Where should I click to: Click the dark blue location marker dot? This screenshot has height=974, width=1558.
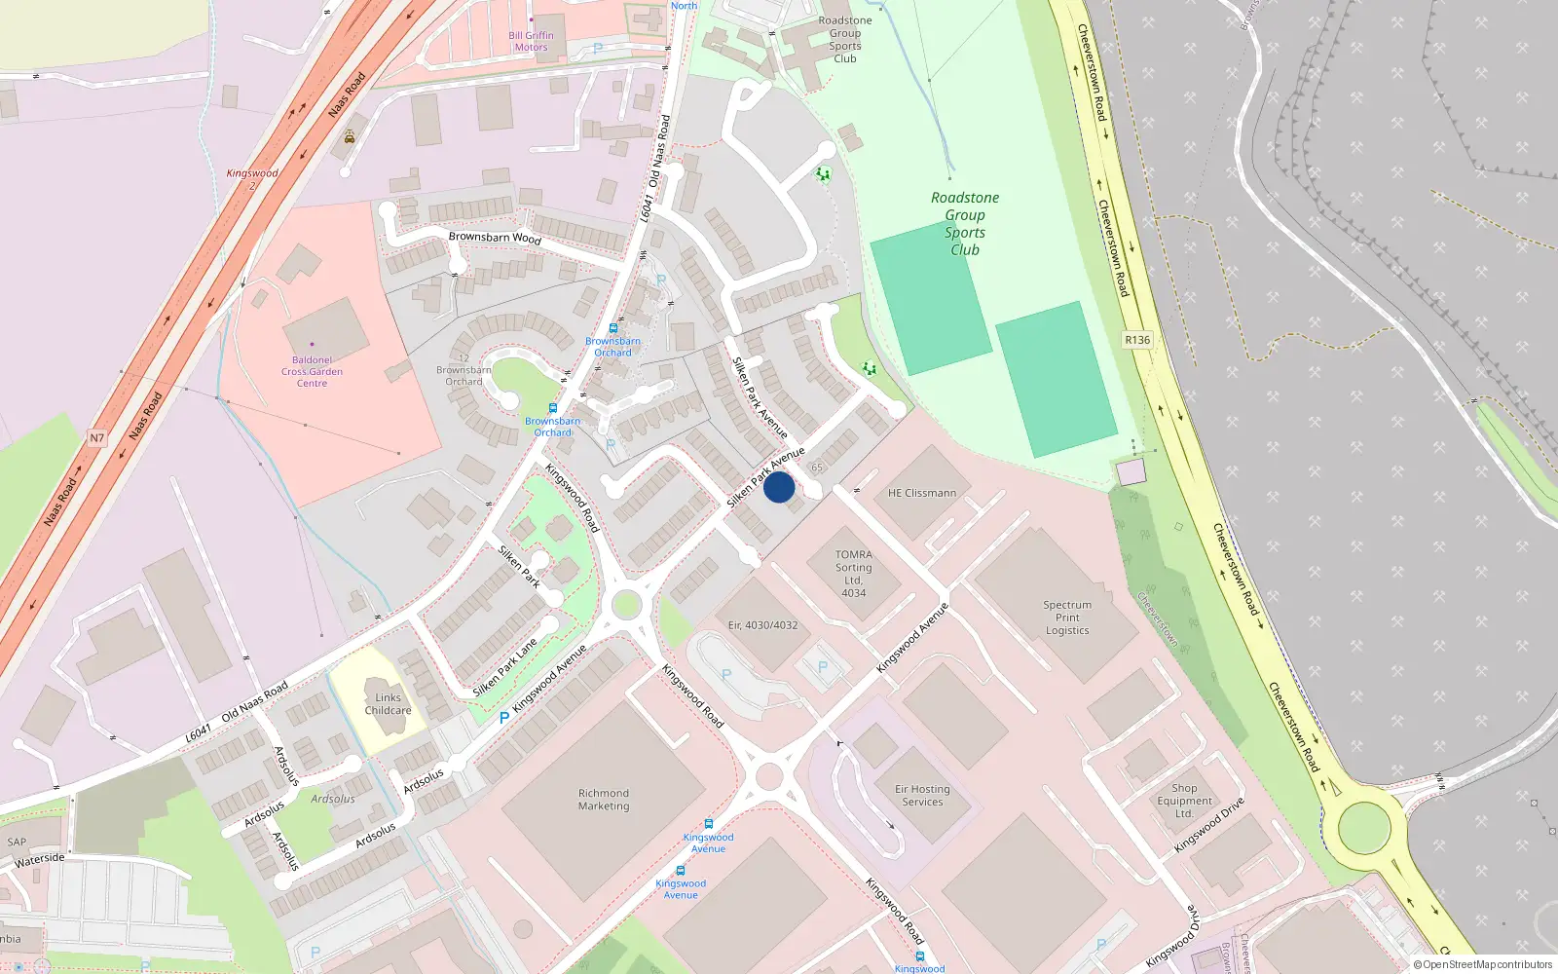[x=779, y=487]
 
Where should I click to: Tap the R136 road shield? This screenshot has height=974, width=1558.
[x=1136, y=340]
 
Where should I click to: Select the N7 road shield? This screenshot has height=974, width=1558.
[x=96, y=437]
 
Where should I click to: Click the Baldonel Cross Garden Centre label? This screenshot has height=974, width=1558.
[x=312, y=371]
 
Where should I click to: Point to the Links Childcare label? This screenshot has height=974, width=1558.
[x=388, y=703]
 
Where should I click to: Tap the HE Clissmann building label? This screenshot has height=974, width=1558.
[x=921, y=493]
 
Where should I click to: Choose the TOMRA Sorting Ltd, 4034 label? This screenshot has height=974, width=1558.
[x=853, y=574]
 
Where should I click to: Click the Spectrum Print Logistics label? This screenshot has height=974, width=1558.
[x=1067, y=618]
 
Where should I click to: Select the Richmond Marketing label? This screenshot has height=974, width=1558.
[x=604, y=800]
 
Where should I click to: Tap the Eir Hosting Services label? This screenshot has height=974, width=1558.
[x=922, y=796]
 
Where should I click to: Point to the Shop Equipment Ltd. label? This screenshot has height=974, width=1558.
[x=1184, y=801]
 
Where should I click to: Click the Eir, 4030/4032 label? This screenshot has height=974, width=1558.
[x=762, y=625]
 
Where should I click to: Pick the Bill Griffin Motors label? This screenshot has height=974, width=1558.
[x=531, y=41]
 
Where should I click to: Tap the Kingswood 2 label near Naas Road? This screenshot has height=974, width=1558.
[x=252, y=178]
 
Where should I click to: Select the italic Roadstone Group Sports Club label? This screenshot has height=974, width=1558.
[x=964, y=223]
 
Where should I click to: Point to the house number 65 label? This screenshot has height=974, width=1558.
[x=817, y=468]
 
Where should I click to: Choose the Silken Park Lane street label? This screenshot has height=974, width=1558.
[x=504, y=668]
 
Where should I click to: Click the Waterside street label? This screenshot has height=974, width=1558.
[x=40, y=860]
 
